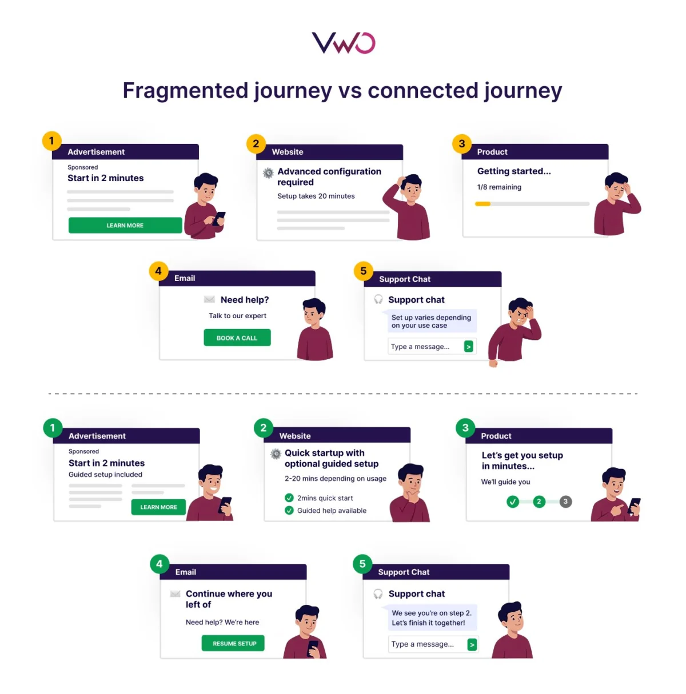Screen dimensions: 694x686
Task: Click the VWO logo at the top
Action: pyautogui.click(x=343, y=43)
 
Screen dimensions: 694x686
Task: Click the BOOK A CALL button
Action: pyautogui.click(x=237, y=338)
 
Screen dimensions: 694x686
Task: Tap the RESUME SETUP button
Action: pyautogui.click(x=233, y=644)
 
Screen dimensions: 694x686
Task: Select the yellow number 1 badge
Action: pyautogui.click(x=51, y=141)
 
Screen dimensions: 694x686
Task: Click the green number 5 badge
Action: pyautogui.click(x=362, y=564)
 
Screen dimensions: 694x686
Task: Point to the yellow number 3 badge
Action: pyautogui.click(x=462, y=143)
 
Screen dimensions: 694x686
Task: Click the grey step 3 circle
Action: pyautogui.click(x=565, y=502)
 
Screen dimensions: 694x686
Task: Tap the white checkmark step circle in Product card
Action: pyautogui.click(x=513, y=502)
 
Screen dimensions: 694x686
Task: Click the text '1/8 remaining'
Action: pyautogui.click(x=499, y=187)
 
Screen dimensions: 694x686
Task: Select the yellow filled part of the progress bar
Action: pyautogui.click(x=482, y=204)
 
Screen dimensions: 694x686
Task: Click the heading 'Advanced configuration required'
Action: pyautogui.click(x=329, y=176)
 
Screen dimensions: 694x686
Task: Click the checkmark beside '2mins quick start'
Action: pyautogui.click(x=289, y=498)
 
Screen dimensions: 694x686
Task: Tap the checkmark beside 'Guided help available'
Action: pyautogui.click(x=289, y=511)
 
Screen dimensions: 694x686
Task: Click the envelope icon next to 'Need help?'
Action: pyautogui.click(x=209, y=300)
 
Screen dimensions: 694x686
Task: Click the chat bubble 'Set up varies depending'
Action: pyautogui.click(x=431, y=322)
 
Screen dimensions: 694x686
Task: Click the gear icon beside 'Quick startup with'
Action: pyautogui.click(x=276, y=454)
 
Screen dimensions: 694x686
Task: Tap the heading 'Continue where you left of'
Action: pyautogui.click(x=229, y=599)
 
